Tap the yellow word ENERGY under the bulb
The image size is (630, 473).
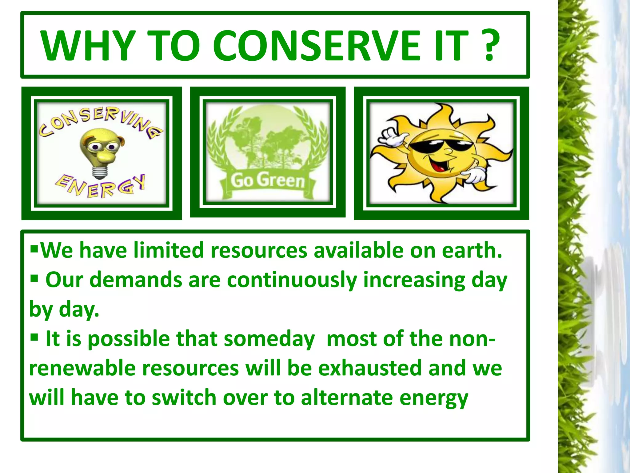point(100,187)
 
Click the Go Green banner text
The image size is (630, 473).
point(267,180)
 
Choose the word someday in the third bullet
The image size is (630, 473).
point(269,339)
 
